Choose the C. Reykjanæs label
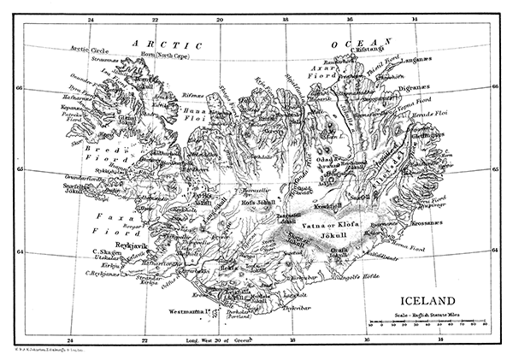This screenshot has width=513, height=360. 101,274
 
